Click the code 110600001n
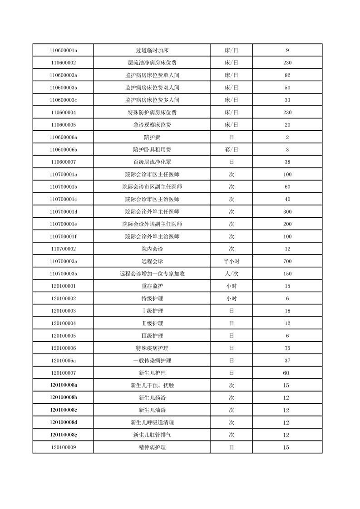[x=64, y=50]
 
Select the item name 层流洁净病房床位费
[x=152, y=63]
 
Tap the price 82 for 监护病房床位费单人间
[x=287, y=75]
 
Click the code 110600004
[x=64, y=113]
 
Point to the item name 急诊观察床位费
[x=152, y=125]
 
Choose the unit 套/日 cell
[x=231, y=150]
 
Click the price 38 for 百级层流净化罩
[x=287, y=162]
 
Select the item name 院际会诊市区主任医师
[x=152, y=175]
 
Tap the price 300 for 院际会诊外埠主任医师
[x=287, y=212]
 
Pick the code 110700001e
[x=64, y=224]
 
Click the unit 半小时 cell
[x=231, y=261]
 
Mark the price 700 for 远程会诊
[x=287, y=261]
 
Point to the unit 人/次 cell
[x=231, y=274]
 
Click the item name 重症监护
[x=152, y=286]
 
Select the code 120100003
[x=64, y=311]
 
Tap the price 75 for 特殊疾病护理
[x=287, y=348]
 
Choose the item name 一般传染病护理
[x=152, y=361]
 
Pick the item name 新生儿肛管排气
[x=152, y=435]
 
